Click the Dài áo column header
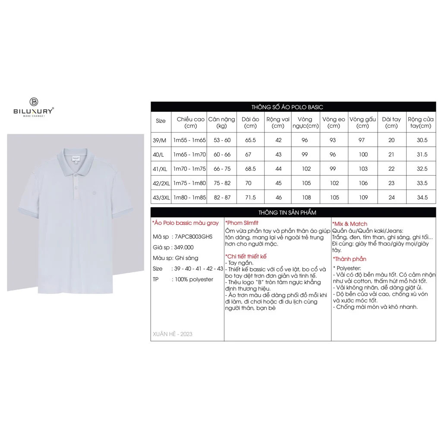pyautogui.click(x=250, y=123)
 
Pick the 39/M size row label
pyautogui.click(x=160, y=140)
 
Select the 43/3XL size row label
pyautogui.click(x=161, y=198)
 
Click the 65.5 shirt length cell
pyautogui.click(x=250, y=140)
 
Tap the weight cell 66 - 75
pyautogui.click(x=222, y=169)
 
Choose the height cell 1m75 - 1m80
pyautogui.click(x=189, y=183)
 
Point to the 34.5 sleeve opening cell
pyautogui.click(x=420, y=198)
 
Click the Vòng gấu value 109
pyautogui.click(x=363, y=198)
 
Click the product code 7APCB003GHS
pyautogui.click(x=192, y=237)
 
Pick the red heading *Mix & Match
pyautogui.click(x=350, y=224)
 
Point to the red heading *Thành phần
pyautogui.click(x=350, y=259)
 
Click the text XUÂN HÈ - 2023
pyautogui.click(x=173, y=334)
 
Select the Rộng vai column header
pyautogui.click(x=278, y=123)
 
